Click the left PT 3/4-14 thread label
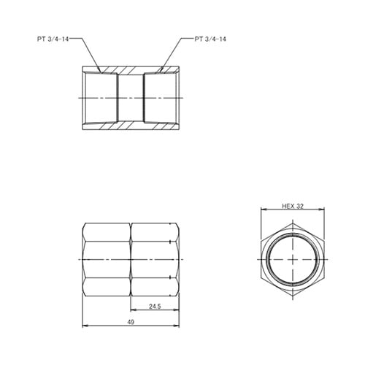point(55,37)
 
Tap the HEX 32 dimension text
point(292,207)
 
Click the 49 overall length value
point(131,323)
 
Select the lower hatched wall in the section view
point(131,126)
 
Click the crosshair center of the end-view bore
point(292,260)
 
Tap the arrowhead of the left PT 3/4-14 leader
point(101,72)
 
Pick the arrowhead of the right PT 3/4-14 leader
point(159,72)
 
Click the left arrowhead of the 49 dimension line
point(85,326)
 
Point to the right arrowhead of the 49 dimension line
point(178,326)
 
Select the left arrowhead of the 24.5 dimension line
point(133,310)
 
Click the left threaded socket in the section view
point(101,98)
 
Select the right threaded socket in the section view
point(161,98)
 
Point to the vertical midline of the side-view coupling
point(131,260)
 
